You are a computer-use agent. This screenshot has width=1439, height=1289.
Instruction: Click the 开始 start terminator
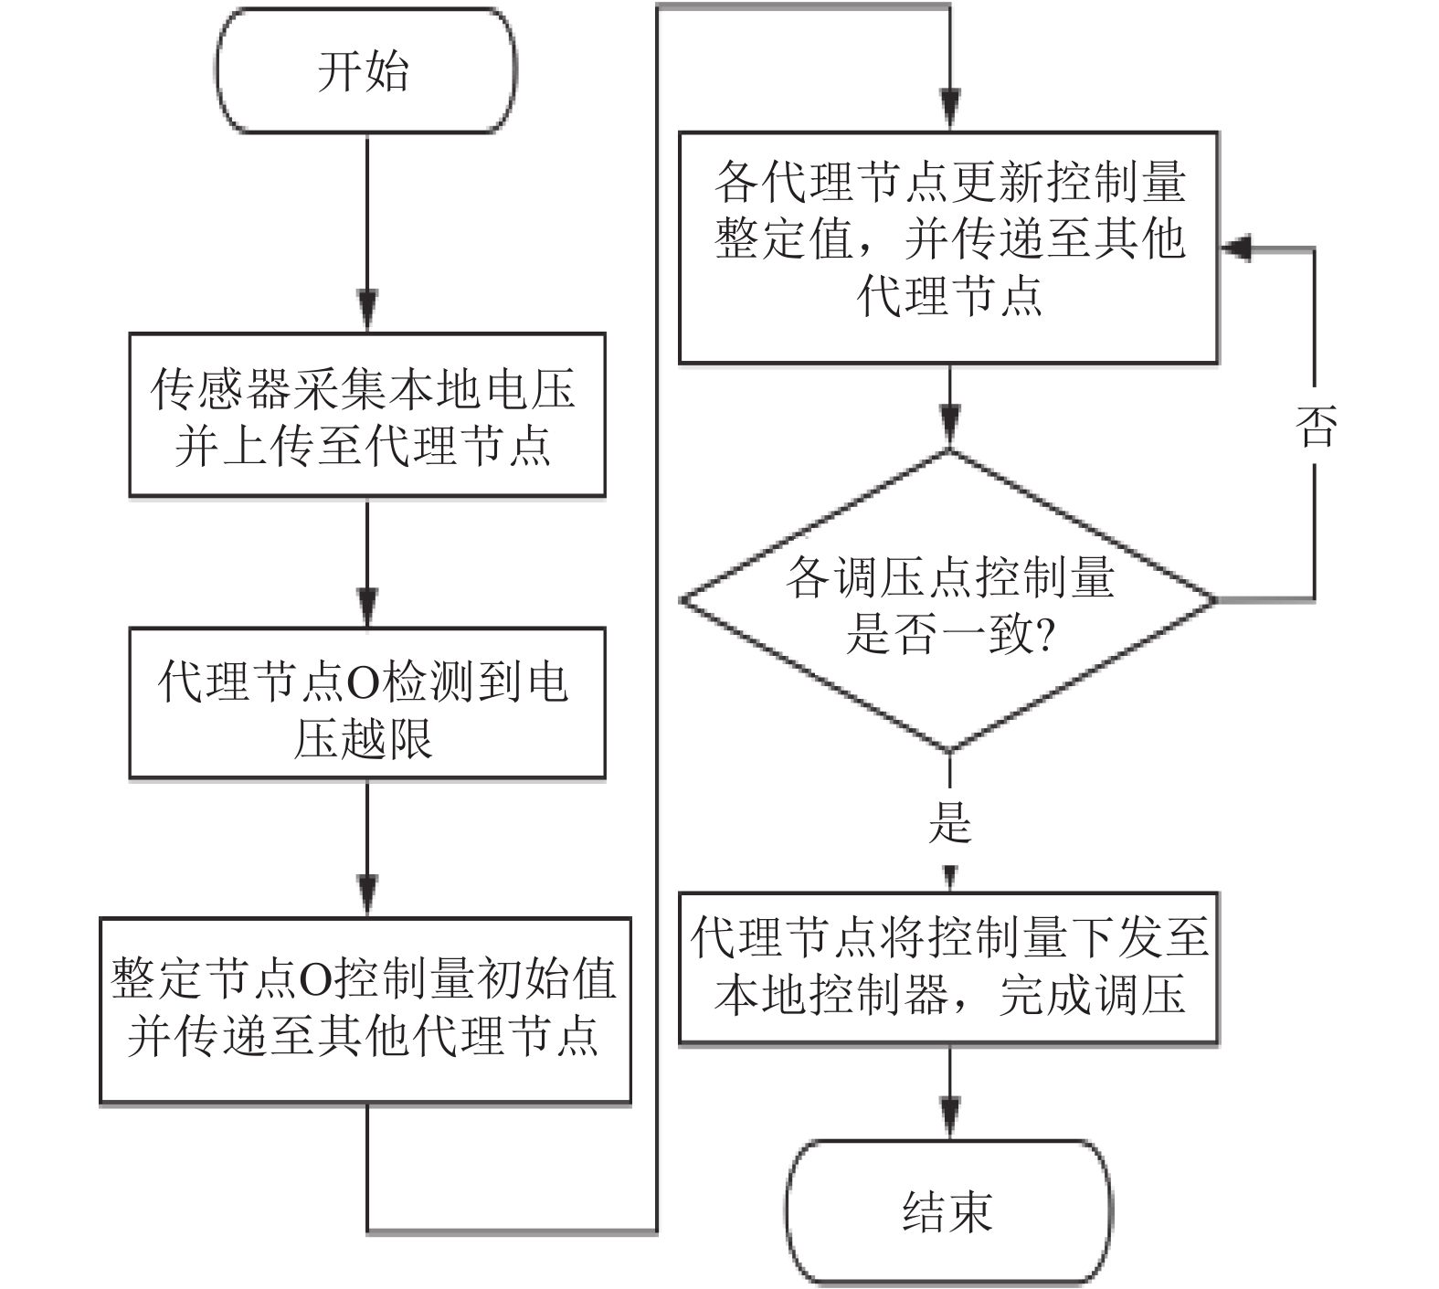365,71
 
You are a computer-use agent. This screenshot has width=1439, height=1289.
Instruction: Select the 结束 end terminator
949,1212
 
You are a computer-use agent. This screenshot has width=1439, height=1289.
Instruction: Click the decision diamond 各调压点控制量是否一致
948,603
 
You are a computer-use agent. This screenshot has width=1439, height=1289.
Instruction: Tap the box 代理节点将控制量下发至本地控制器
948,967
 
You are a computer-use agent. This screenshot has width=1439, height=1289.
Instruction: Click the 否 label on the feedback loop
1316,426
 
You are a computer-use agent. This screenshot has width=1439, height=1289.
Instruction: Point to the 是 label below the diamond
949,821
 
